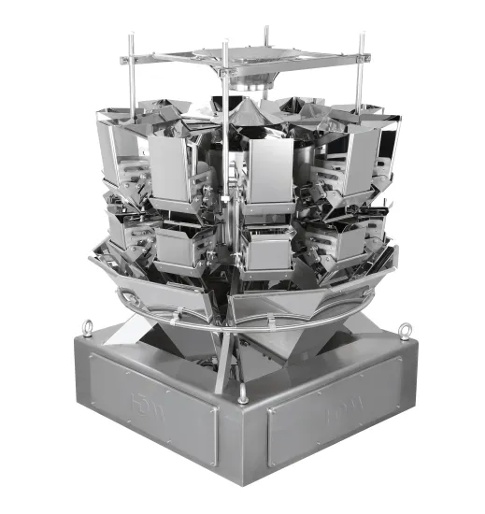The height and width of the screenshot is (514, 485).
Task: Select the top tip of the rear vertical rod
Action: coord(265,31)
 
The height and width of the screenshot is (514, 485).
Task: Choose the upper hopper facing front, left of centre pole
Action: coord(172,168)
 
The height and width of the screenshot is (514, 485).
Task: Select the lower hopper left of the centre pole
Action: coord(180,245)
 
